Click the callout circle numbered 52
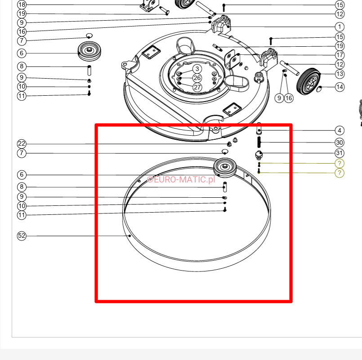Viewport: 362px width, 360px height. coord(22,236)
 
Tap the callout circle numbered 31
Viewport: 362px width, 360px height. coord(340,153)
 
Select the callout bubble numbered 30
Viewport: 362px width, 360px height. coord(340,142)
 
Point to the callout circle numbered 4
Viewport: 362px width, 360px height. coord(340,131)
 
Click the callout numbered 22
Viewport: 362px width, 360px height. coord(22,144)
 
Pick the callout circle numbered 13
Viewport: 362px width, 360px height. coord(340,74)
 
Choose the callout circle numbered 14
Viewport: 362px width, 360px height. coord(340,87)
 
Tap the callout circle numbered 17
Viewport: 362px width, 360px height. coord(340,55)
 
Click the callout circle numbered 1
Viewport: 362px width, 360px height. coord(340,27)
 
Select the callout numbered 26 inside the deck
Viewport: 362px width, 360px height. coord(197,78)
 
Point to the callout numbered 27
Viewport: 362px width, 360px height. coord(197,87)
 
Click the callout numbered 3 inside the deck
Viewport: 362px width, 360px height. coord(197,69)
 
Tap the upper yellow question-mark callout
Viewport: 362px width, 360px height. coord(340,164)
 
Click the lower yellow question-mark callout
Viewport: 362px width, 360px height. coord(340,173)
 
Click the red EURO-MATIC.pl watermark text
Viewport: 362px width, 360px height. coord(181,179)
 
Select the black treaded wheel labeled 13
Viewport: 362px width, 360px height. coord(308,81)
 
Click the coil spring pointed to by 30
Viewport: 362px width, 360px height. coord(259,142)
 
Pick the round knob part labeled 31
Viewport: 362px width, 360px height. coord(259,155)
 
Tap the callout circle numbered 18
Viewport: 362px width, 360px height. coord(22,4)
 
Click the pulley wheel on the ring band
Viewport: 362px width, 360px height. coord(225,168)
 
